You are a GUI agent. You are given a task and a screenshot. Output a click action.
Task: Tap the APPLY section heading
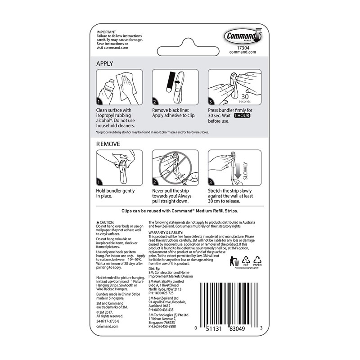[x=105, y=63]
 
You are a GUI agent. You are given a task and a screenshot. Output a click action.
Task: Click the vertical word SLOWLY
[x=245, y=171]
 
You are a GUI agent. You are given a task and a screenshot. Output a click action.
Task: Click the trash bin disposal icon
[x=235, y=261]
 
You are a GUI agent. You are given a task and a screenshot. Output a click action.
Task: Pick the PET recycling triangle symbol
[x=246, y=261]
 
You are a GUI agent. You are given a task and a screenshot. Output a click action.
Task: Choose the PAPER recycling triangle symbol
[x=257, y=261]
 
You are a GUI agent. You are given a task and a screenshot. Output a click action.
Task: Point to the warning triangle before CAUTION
[x=98, y=223]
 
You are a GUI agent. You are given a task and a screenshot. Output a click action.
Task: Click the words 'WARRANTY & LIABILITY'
[x=167, y=233]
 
